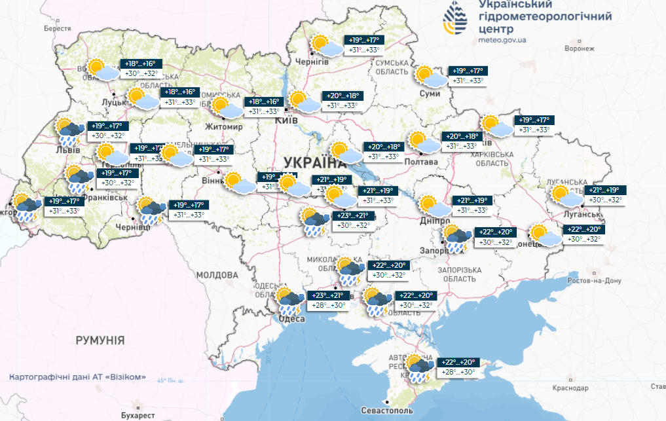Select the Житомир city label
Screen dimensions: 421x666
[223, 126]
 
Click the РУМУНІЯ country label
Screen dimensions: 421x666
[100, 340]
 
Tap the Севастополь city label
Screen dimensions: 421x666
[388, 411]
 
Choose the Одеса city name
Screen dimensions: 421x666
[291, 318]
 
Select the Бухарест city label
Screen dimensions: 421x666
[138, 415]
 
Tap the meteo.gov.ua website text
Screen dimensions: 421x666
[502, 40]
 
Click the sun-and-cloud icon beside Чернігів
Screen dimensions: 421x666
[325, 46]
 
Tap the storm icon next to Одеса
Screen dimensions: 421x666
[287, 301]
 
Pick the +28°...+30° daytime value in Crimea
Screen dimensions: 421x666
[457, 373]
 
